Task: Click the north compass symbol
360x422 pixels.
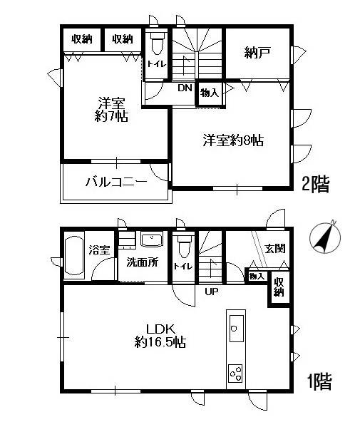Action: tap(324, 237)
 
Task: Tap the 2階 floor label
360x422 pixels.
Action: tap(316, 185)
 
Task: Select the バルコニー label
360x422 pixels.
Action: tap(116, 182)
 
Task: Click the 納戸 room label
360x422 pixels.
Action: tap(257, 53)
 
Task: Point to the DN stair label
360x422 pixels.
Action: tap(185, 88)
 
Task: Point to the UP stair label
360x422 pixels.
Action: tap(212, 292)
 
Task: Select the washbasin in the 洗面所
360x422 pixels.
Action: tap(151, 239)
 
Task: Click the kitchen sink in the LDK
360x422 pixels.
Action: tap(236, 329)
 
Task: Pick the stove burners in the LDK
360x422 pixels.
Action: tap(235, 371)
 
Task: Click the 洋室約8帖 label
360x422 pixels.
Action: tap(232, 140)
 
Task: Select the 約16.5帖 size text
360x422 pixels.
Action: tap(160, 342)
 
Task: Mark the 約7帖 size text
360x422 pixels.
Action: tap(113, 116)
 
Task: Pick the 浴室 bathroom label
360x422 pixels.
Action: tap(98, 250)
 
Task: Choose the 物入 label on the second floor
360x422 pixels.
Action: tap(209, 93)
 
